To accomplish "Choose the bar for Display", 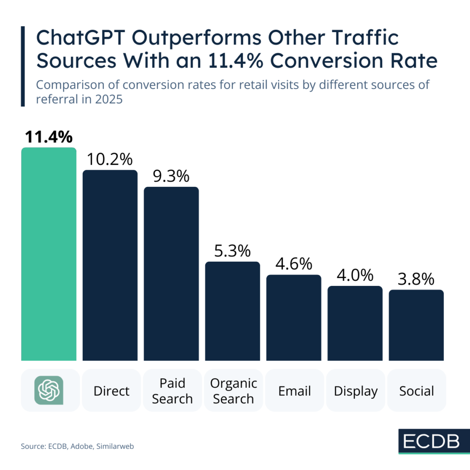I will [355, 323].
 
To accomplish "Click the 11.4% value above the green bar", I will [48, 137].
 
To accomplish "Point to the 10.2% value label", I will [110, 159].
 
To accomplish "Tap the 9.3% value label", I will [171, 176].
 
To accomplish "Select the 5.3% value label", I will [232, 251].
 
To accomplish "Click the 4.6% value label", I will [294, 264].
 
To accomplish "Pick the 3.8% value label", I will [416, 279].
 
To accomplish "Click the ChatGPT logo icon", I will [49, 390].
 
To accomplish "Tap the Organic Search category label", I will [233, 391].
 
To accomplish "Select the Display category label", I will [356, 391].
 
